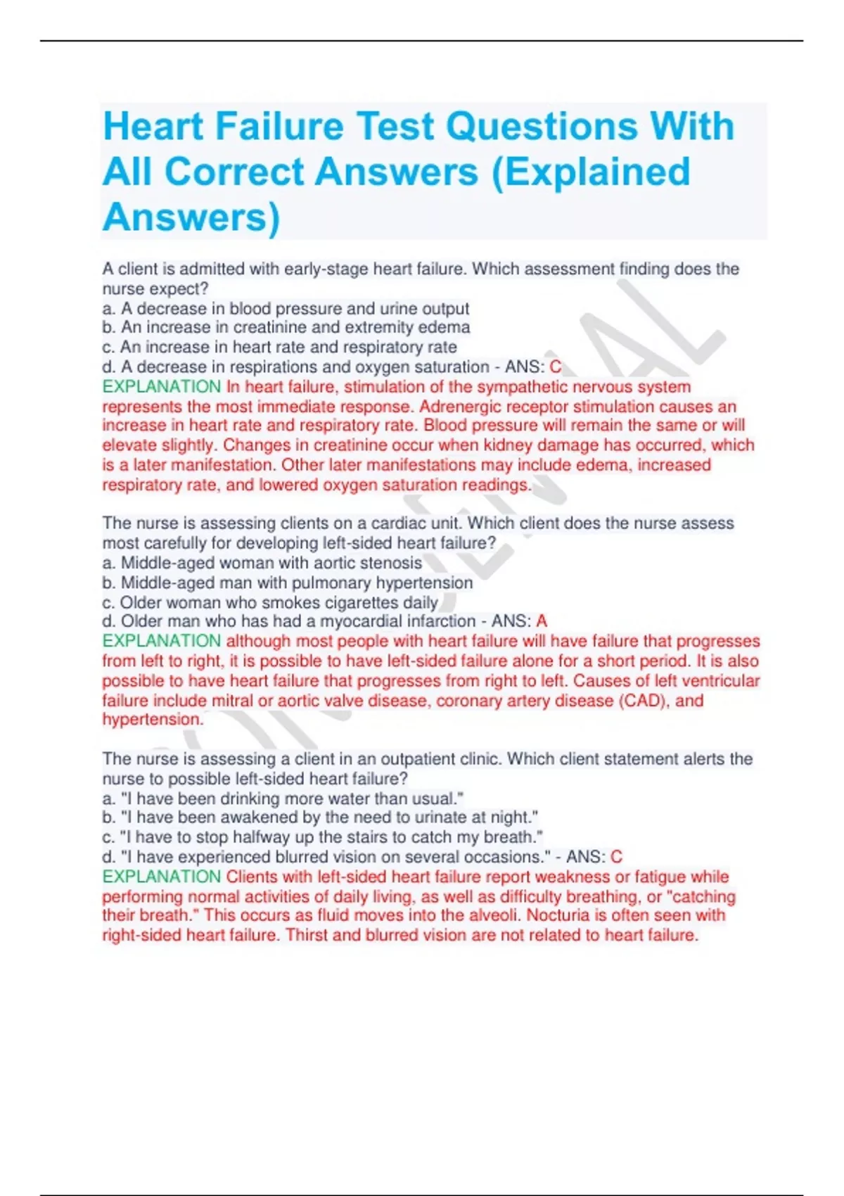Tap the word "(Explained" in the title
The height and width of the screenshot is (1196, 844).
tap(590, 172)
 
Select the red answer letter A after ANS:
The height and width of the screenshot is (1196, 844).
tap(542, 621)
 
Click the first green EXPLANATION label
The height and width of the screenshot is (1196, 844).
tap(161, 386)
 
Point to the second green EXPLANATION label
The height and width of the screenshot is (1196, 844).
tap(161, 641)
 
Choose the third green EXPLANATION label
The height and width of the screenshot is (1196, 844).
tap(161, 877)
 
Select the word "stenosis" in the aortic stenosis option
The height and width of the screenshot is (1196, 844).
tap(391, 563)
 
